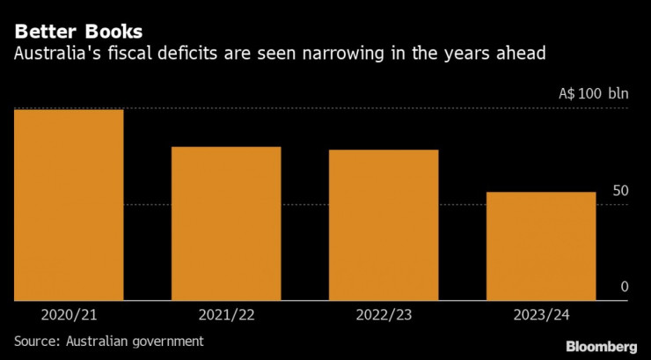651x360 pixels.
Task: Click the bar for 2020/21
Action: [69, 204]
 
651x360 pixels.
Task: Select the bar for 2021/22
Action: [226, 224]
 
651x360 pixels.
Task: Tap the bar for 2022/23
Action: [384, 225]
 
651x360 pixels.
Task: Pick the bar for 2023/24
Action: [541, 246]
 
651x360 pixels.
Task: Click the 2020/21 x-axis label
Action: [69, 314]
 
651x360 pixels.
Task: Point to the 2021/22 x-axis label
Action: [226, 314]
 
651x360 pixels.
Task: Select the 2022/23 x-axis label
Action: [384, 314]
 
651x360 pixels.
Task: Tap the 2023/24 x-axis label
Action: [541, 314]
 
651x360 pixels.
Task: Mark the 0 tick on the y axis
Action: [624, 287]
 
